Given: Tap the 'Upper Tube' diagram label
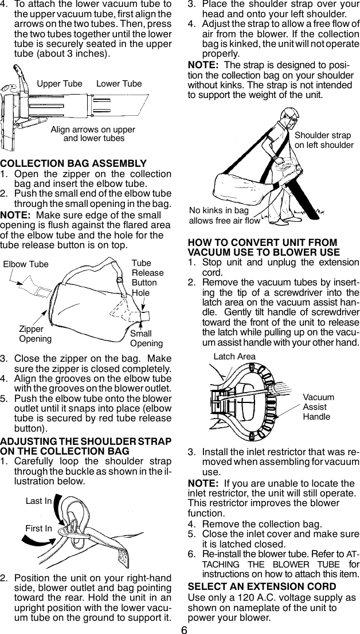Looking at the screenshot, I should (60, 84).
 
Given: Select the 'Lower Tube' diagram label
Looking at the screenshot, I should (119, 84).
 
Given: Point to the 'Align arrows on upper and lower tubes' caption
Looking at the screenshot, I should (93, 134).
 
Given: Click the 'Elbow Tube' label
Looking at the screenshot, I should (26, 264).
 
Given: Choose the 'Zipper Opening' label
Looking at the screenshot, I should (35, 334).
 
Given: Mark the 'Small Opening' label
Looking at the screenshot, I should (146, 338).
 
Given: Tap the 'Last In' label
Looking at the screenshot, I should (38, 501).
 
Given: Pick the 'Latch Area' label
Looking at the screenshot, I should (234, 357).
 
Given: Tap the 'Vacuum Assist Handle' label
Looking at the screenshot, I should (318, 406).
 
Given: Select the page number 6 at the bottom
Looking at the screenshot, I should (184, 627).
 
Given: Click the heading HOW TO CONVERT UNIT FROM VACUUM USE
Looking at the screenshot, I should (263, 247).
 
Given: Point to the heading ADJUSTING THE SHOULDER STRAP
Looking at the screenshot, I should (86, 445).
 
